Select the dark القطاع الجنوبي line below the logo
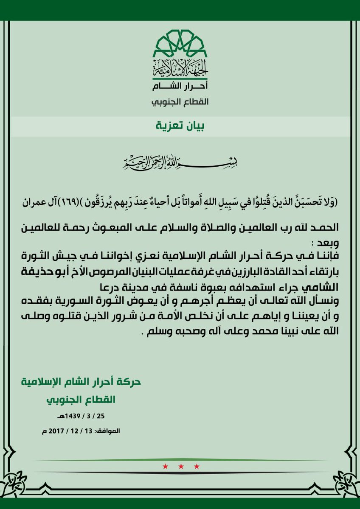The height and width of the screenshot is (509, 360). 180,103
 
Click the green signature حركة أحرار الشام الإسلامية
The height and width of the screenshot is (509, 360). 81,381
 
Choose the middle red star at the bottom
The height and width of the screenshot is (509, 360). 180,467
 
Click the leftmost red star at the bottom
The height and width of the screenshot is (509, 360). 164,467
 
